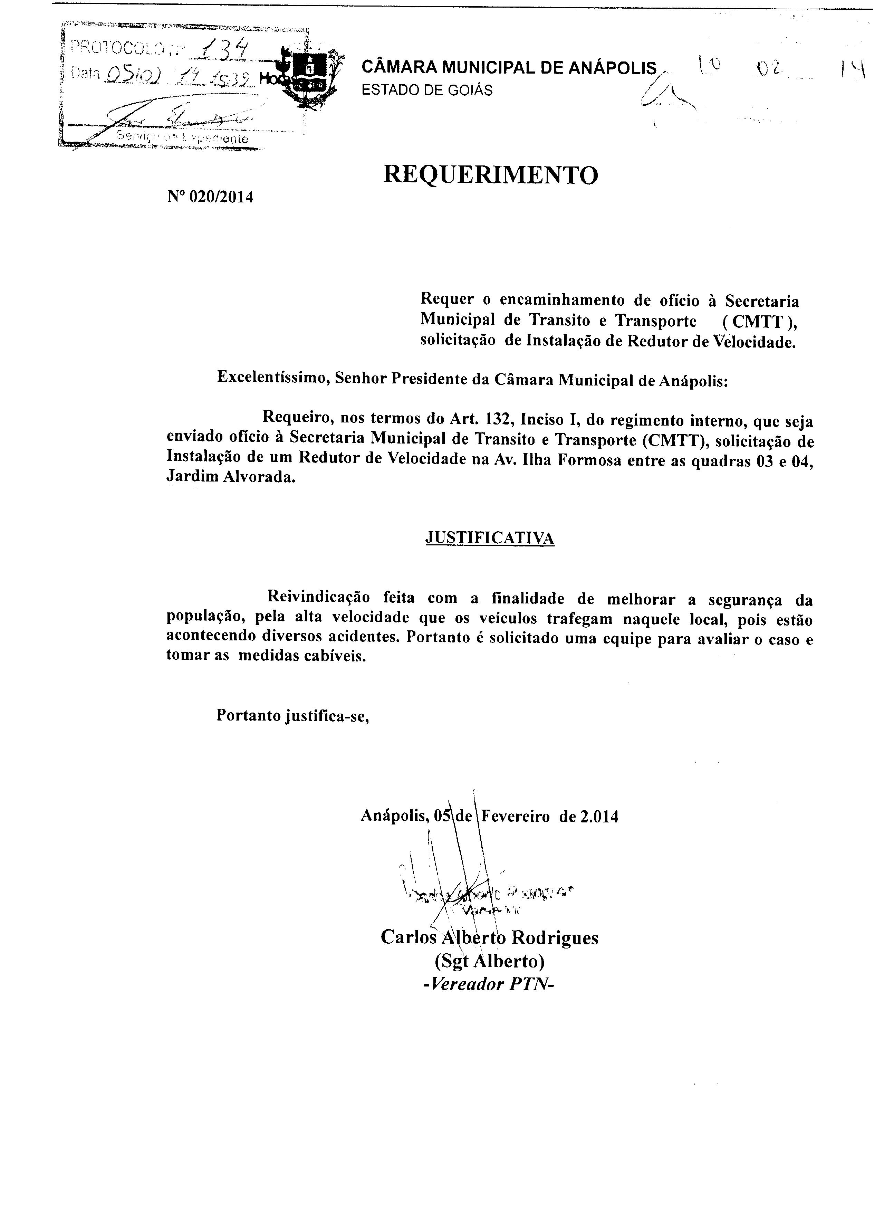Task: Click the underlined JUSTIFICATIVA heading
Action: click(x=490, y=538)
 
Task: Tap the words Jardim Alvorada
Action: click(x=231, y=477)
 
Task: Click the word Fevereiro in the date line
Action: click(x=516, y=817)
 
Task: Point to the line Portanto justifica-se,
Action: click(x=293, y=715)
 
